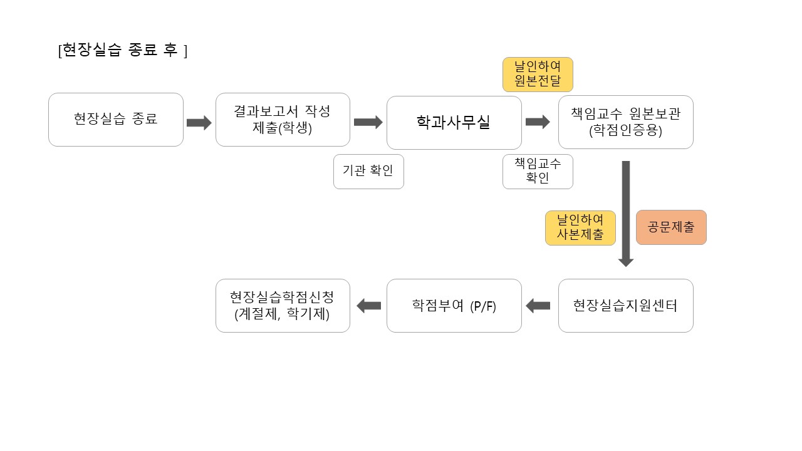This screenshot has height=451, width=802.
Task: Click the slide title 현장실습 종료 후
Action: pos(122,50)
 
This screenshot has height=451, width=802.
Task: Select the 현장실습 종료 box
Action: pos(116,120)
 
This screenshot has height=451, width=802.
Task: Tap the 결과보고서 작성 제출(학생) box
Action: pos(283,120)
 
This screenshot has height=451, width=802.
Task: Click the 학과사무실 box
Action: pos(454,122)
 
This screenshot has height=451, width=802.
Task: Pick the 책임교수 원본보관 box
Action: pos(625,122)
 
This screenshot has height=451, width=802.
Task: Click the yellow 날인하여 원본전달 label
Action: pos(538,75)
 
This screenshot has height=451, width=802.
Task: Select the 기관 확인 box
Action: pos(368,171)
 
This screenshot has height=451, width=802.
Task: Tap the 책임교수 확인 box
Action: pos(538,171)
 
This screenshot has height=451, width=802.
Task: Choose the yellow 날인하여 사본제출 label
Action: pos(580,227)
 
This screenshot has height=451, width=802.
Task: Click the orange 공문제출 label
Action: pos(671,227)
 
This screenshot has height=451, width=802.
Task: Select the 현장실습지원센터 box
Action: pos(625,306)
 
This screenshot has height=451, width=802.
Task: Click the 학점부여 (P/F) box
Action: pos(454,306)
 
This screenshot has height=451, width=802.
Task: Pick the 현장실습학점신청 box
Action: pos(283,306)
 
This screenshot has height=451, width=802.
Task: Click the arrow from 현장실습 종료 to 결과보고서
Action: pos(199,122)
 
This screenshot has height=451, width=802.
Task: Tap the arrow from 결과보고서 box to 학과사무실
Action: pos(368,122)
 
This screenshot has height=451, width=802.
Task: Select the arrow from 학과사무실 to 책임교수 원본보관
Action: pos(538,122)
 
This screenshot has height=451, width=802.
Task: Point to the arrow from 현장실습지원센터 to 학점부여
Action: pos(538,306)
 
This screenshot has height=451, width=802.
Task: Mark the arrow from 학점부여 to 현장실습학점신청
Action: pos(368,306)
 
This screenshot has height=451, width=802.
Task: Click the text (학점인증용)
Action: pos(625,132)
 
